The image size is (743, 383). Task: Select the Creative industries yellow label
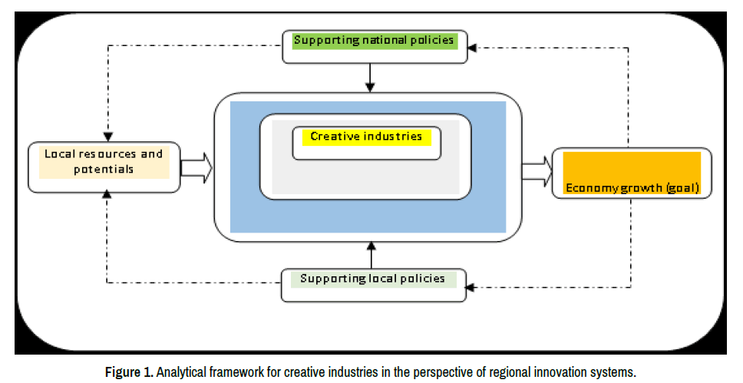click(366, 137)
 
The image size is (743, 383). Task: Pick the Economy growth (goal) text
click(632, 187)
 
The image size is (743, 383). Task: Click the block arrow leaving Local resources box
click(196, 167)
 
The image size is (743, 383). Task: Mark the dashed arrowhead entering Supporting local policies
click(471, 289)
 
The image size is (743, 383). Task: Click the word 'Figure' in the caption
click(121, 372)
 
